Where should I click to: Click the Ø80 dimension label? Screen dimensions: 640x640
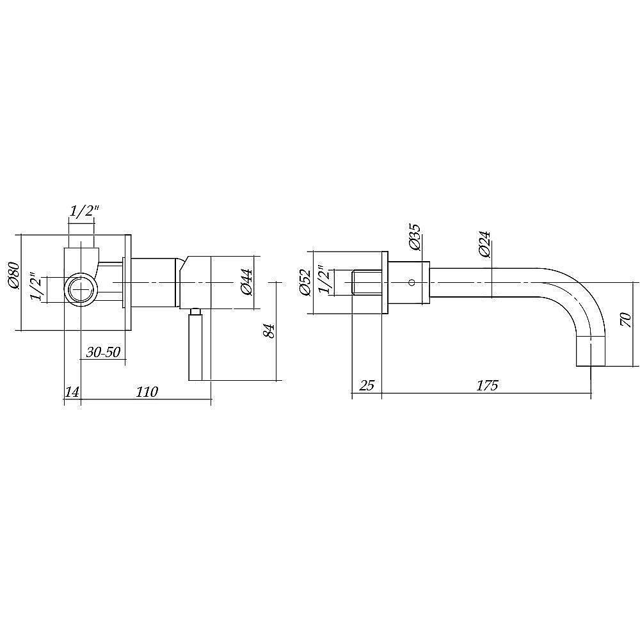point(14,275)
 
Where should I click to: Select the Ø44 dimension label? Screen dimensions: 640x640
point(246,282)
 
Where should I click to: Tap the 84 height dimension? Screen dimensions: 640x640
point(269,331)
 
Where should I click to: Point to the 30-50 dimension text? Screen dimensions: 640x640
point(103,351)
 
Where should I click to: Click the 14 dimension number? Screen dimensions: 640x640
point(72,392)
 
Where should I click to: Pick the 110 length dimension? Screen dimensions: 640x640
point(147,392)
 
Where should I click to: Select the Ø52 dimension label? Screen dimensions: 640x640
point(306,282)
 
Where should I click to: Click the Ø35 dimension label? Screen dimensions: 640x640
point(414,237)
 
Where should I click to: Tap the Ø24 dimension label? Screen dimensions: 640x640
point(484,244)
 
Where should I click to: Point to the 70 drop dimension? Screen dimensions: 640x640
point(626,319)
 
